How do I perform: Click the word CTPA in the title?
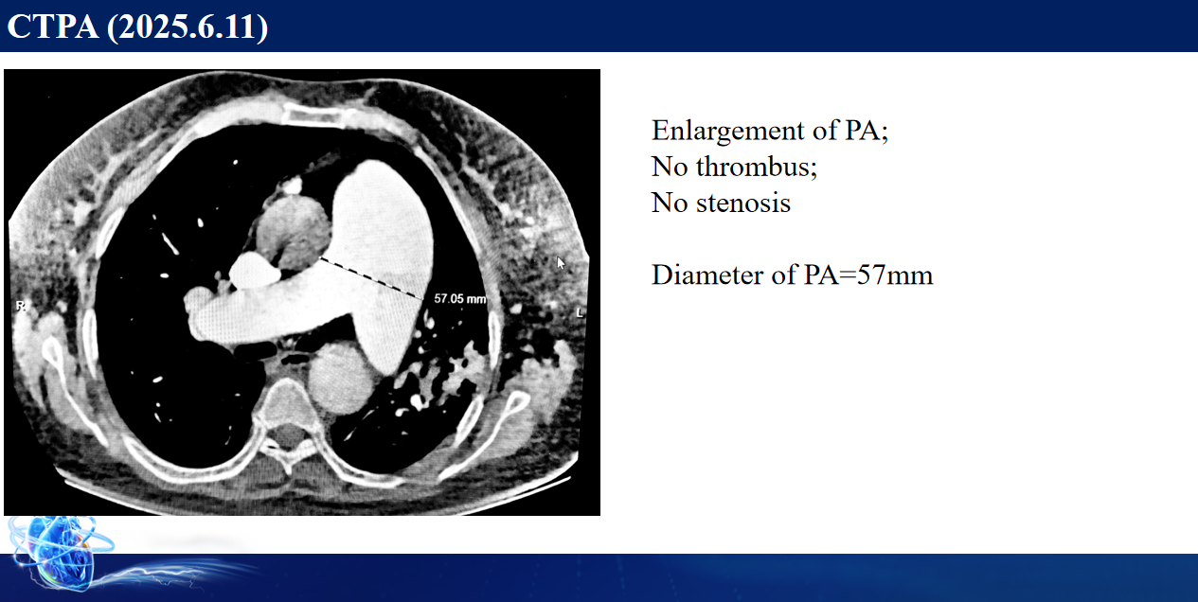click(53, 27)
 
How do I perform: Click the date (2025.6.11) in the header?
click(188, 27)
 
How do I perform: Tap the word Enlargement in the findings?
click(728, 131)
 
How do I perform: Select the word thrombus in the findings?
click(757, 167)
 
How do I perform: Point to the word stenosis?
click(742, 204)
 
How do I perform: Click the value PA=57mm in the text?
click(868, 274)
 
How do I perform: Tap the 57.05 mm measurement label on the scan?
click(460, 298)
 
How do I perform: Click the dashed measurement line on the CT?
click(370, 277)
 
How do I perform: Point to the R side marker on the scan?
click(20, 306)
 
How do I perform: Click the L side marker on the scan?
click(580, 312)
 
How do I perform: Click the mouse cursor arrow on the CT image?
click(560, 262)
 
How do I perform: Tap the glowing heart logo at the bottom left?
click(59, 552)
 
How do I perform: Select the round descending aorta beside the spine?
click(341, 378)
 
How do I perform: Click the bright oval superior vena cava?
click(253, 271)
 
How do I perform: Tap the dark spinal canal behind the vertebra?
click(288, 435)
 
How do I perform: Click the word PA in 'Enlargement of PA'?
click(867, 131)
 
